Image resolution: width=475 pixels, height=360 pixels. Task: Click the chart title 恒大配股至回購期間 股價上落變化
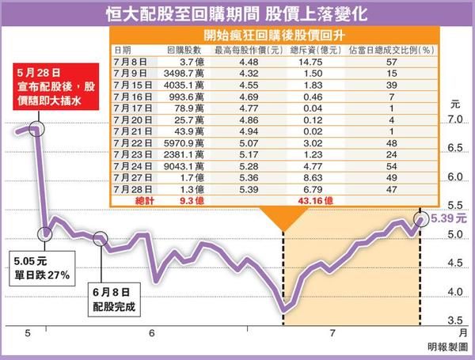tap(237, 13)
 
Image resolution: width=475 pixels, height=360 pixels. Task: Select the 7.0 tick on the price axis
tap(454, 119)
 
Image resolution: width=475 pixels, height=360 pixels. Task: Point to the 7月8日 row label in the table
tap(130, 62)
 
